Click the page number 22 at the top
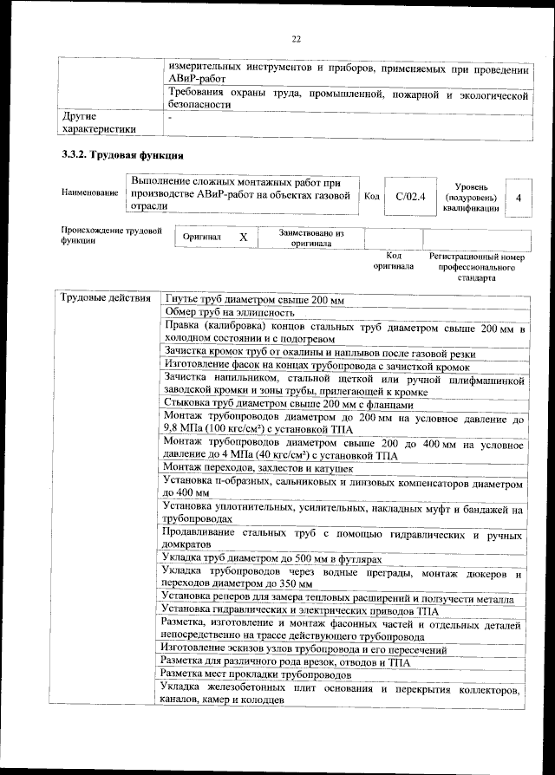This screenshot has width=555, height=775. tap(296, 39)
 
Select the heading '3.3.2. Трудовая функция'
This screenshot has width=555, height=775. tap(121, 157)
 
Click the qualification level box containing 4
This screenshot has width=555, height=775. tap(518, 198)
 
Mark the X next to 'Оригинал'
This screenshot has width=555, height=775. tap(244, 237)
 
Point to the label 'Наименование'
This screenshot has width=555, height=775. tap(89, 192)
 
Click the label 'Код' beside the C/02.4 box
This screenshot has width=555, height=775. tap(371, 197)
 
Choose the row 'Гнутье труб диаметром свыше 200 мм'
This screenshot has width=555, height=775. tap(254, 300)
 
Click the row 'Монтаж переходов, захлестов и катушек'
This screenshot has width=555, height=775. tap(258, 468)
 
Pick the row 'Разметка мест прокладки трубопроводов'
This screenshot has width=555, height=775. tap(257, 674)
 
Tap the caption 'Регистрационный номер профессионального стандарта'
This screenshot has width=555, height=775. tap(476, 269)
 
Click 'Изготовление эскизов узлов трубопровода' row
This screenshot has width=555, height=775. tap(304, 648)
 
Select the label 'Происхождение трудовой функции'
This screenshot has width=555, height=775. tap(111, 237)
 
